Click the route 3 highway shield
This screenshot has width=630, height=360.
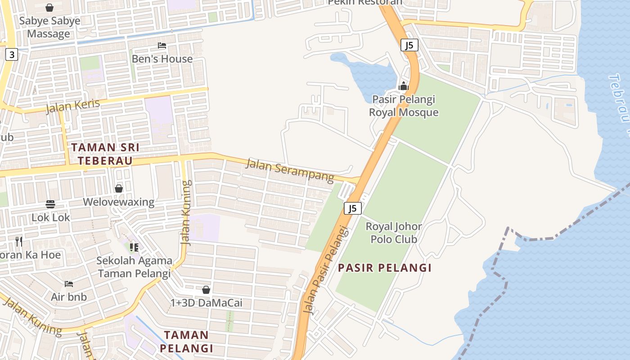coord(12,55)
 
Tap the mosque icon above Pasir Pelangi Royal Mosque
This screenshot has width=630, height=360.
coord(404,85)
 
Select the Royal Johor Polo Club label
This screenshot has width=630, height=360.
coord(394,233)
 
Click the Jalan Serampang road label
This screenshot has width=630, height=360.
coord(290,170)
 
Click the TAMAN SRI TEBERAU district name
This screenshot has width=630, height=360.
coord(105,154)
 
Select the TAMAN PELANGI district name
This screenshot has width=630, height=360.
coord(186,342)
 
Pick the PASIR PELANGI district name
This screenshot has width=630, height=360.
coord(385,268)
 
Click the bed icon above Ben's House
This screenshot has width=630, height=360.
coord(162,45)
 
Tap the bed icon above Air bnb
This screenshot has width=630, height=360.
coord(69,284)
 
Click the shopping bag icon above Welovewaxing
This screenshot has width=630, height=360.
coord(119,189)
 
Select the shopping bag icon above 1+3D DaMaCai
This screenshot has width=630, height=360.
coord(206,290)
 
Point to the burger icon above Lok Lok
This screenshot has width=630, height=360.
coord(50,204)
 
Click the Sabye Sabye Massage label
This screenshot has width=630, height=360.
coord(49,27)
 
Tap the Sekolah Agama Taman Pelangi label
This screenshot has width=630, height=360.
coord(135,267)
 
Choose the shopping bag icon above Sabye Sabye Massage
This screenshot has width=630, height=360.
coord(49,8)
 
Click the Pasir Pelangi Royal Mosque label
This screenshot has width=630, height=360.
coord(404,106)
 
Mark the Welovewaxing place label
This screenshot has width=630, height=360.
coord(119,202)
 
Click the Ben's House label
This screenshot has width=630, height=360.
coord(162,59)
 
